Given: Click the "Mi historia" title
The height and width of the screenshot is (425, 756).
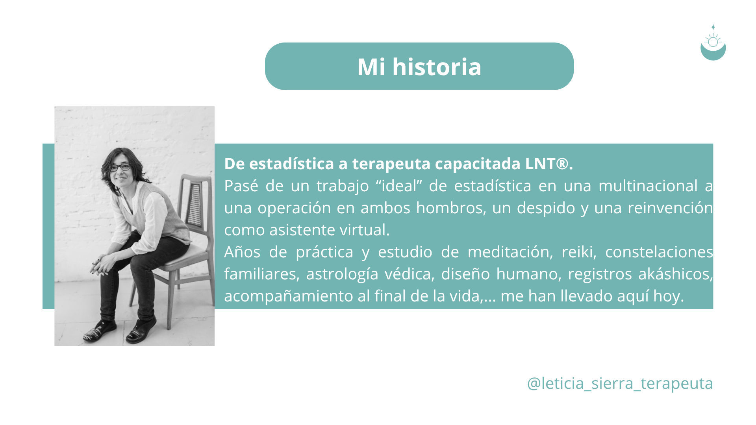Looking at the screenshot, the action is click(419, 67).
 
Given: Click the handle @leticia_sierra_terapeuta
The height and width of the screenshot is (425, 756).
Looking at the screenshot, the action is click(620, 383).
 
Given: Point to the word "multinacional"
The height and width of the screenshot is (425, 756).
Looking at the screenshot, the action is click(648, 186).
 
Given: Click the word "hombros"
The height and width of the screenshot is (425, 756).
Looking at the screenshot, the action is click(451, 208).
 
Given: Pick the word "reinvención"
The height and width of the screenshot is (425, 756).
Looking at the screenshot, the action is click(670, 208).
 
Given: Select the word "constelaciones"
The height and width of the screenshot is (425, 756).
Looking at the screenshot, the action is click(659, 252).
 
